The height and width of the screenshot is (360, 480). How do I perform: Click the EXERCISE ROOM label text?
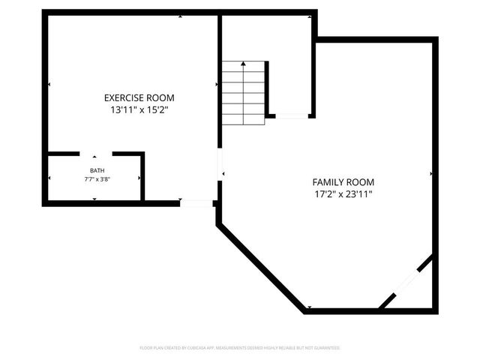(x=139, y=97)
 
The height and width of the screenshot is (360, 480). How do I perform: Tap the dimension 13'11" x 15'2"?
(x=139, y=110)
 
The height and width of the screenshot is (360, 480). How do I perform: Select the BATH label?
(x=94, y=170)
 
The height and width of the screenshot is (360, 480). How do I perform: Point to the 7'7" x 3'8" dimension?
(x=94, y=180)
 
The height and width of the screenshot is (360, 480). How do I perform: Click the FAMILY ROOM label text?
(x=343, y=182)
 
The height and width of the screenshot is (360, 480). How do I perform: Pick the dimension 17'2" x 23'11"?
(x=343, y=194)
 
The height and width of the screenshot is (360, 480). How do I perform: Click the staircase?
(x=243, y=93)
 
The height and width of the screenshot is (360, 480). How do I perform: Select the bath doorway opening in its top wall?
(x=95, y=154)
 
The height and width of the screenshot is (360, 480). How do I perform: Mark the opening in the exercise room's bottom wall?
(x=196, y=202)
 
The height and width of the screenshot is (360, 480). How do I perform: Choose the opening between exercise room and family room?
(x=219, y=164)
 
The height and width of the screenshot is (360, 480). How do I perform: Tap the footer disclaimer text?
(x=240, y=348)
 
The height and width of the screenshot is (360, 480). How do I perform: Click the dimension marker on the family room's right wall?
(x=432, y=174)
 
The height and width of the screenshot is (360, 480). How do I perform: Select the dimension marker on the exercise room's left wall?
(x=49, y=84)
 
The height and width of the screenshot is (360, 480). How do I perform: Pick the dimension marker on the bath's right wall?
(x=139, y=178)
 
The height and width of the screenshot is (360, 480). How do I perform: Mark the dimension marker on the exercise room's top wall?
(x=180, y=16)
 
